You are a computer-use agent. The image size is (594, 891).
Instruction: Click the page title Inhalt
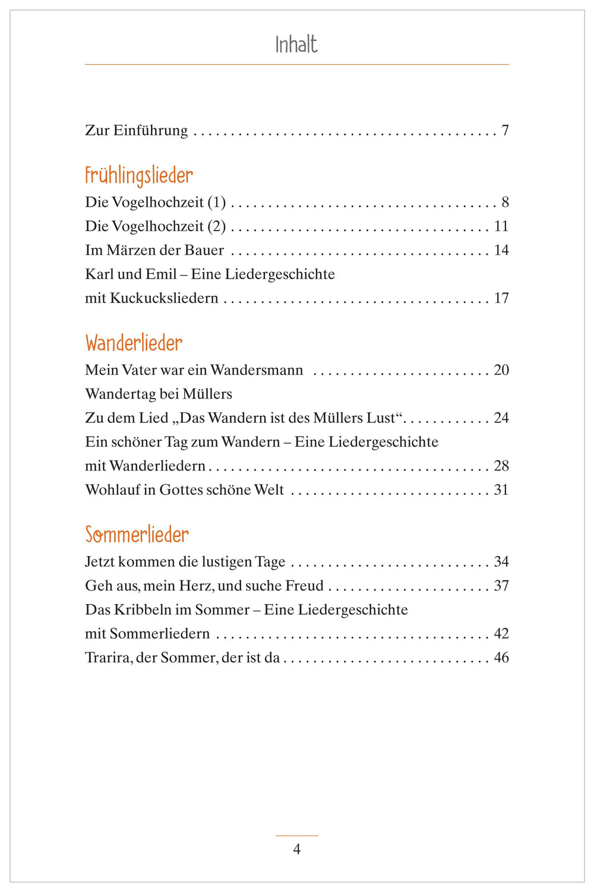tap(296, 45)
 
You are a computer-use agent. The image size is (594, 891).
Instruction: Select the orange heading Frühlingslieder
tap(139, 176)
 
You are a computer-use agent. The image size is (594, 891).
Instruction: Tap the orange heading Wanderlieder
tap(134, 343)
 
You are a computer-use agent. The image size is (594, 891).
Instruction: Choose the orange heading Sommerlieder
tap(137, 535)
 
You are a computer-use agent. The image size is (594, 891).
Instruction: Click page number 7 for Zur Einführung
tap(505, 131)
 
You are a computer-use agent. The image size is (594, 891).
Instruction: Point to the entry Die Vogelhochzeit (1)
tap(156, 203)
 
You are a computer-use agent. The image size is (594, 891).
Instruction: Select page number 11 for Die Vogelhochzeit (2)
tap(501, 226)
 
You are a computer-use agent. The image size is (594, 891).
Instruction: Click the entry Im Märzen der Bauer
tap(154, 250)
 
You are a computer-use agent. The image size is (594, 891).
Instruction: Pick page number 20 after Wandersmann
tap(501, 370)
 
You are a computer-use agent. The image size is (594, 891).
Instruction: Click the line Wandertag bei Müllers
tap(159, 394)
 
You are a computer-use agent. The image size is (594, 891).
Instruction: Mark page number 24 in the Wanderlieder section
tap(501, 418)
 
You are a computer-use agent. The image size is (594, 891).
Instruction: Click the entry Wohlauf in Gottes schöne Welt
tap(185, 490)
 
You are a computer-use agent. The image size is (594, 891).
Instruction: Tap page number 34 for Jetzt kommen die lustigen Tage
tap(501, 562)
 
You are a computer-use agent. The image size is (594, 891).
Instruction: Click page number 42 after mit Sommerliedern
tap(501, 634)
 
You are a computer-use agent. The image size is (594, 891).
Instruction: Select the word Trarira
tap(108, 658)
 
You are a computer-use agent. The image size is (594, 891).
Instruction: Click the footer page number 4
tap(297, 849)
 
